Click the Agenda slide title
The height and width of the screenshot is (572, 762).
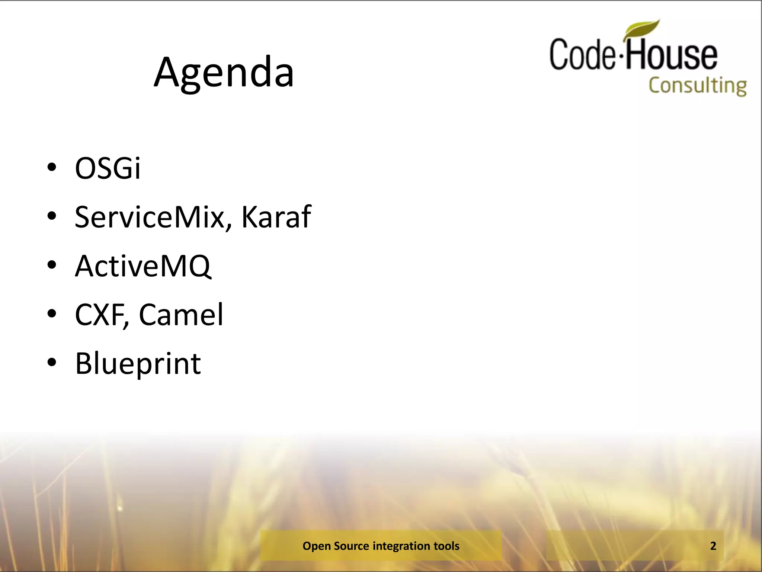224,73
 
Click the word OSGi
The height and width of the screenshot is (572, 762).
108,168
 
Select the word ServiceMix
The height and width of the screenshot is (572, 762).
150,217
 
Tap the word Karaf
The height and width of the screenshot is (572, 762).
276,217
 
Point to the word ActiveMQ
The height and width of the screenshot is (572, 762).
143,266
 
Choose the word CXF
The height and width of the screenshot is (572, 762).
102,315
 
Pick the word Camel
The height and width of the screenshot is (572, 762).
181,315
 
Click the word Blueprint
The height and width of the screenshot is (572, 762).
138,364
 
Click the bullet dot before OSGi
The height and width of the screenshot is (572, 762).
52,167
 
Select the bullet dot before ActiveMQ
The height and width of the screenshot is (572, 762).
52,265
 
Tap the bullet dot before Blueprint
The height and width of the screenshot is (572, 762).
52,362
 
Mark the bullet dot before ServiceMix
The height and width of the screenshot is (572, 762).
52,216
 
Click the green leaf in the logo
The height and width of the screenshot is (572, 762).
643,29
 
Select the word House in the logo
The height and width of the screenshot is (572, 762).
672,55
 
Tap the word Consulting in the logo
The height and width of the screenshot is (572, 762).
698,86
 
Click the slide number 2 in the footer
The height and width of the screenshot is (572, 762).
713,546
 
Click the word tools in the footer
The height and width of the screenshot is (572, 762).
446,546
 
